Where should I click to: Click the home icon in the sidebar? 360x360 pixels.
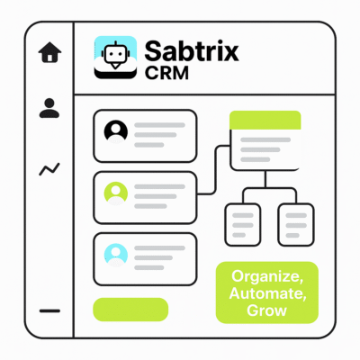tap(49, 52)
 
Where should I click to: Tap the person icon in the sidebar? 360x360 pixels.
tap(49, 108)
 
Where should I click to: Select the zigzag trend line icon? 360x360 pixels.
tap(49, 169)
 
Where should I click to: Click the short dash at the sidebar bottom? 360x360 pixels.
tap(49, 311)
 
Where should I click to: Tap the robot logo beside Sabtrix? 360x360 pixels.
tap(115, 58)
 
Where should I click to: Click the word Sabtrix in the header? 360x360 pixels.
tap(192, 51)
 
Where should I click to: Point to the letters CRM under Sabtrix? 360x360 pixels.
tap(166, 73)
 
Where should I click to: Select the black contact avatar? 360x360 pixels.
tap(116, 131)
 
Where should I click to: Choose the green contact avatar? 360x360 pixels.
tap(116, 193)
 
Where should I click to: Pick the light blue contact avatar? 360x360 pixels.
tap(116, 255)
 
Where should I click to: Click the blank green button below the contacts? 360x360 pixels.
tap(130, 310)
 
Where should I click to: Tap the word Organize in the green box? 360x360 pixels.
tap(267, 276)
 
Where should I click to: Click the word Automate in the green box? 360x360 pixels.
tap(267, 293)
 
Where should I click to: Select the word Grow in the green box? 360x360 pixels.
tap(266, 310)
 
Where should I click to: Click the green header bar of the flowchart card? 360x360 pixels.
tap(265, 120)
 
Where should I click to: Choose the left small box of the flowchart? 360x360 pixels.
tap(243, 225)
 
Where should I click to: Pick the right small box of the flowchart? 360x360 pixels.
tap(296, 225)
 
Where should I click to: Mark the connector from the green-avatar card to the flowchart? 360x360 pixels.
tap(216, 170)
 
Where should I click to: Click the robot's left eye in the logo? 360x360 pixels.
tap(110, 53)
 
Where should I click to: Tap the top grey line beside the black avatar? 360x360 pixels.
tap(159, 125)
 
